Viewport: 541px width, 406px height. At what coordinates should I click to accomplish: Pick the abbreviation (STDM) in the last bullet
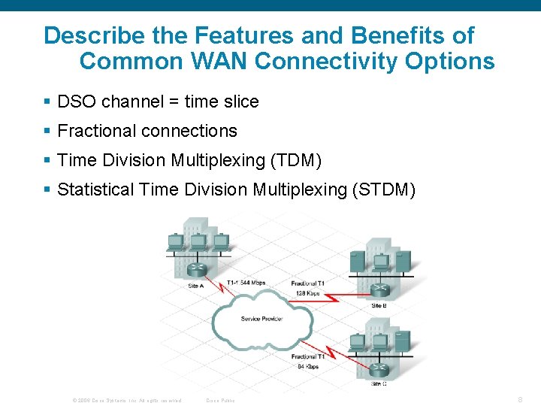382,189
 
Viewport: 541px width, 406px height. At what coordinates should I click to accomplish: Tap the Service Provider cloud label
261,319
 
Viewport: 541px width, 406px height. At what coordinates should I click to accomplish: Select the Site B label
379,305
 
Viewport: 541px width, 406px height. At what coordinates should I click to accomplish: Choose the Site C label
379,383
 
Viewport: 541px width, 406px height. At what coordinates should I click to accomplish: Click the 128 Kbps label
307,293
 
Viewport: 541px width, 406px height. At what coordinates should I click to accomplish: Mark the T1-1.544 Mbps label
246,283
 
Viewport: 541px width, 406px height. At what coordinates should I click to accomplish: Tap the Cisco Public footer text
220,400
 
